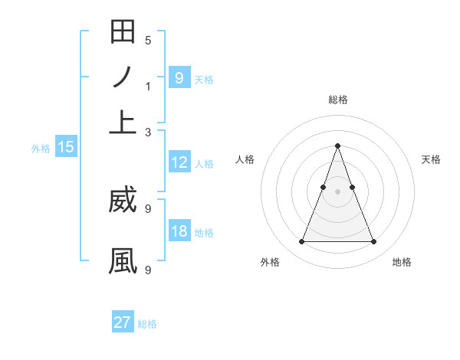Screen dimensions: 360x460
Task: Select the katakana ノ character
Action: pyautogui.click(x=123, y=77)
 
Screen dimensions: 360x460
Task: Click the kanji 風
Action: pyautogui.click(x=123, y=260)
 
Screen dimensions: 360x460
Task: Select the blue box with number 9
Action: pyautogui.click(x=179, y=78)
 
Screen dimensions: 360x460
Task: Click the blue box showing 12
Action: pyautogui.click(x=179, y=162)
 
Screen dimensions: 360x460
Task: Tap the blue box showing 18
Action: pyautogui.click(x=179, y=231)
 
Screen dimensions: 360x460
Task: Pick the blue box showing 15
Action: pyautogui.click(x=66, y=148)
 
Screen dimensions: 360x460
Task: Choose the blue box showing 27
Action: pyautogui.click(x=123, y=322)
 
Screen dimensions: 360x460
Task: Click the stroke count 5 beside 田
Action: pyautogui.click(x=148, y=40)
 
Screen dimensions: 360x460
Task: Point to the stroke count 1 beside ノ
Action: pyautogui.click(x=148, y=86)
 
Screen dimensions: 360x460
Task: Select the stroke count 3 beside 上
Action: pyautogui.click(x=148, y=132)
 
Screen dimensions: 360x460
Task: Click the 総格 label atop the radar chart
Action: pyautogui.click(x=338, y=100)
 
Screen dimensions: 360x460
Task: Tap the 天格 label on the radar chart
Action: pyautogui.click(x=431, y=159)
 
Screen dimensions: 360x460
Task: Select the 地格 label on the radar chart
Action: pyautogui.click(x=402, y=262)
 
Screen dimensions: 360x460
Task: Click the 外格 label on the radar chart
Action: pyautogui.click(x=270, y=262)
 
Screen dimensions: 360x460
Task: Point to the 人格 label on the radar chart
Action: pyautogui.click(x=245, y=159)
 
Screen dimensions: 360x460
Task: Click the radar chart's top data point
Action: pyautogui.click(x=337, y=146)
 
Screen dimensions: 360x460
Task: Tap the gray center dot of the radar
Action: pyautogui.click(x=337, y=191)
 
